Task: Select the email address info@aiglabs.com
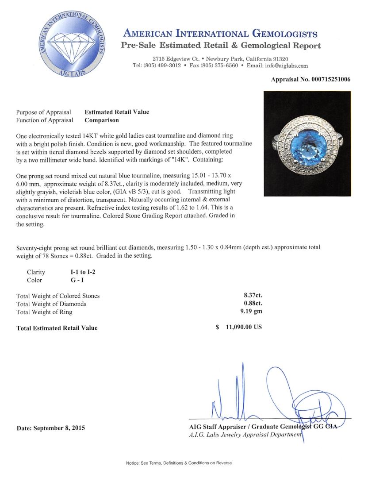[x=283, y=66]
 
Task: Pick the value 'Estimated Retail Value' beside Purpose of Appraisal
[x=117, y=112]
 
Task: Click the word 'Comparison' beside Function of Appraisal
[x=102, y=120]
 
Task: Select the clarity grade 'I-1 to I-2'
[x=79, y=272]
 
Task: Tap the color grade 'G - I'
[x=71, y=280]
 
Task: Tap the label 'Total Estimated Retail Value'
[x=57, y=328]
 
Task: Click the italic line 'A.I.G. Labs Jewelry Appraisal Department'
[x=245, y=435]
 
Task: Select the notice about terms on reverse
[x=179, y=463]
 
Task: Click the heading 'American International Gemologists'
[x=220, y=34]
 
